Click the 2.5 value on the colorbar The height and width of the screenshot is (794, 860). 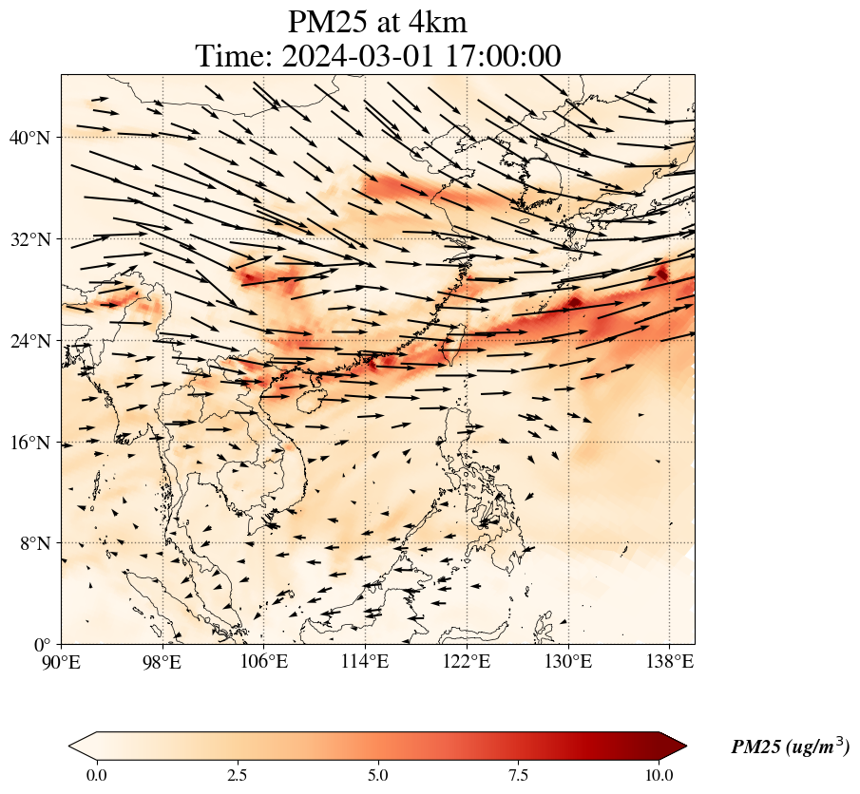click(237, 775)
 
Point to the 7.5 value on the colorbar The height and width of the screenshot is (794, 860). click(519, 775)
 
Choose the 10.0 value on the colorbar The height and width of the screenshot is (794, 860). click(659, 775)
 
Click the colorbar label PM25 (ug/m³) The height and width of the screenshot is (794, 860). click(790, 747)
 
